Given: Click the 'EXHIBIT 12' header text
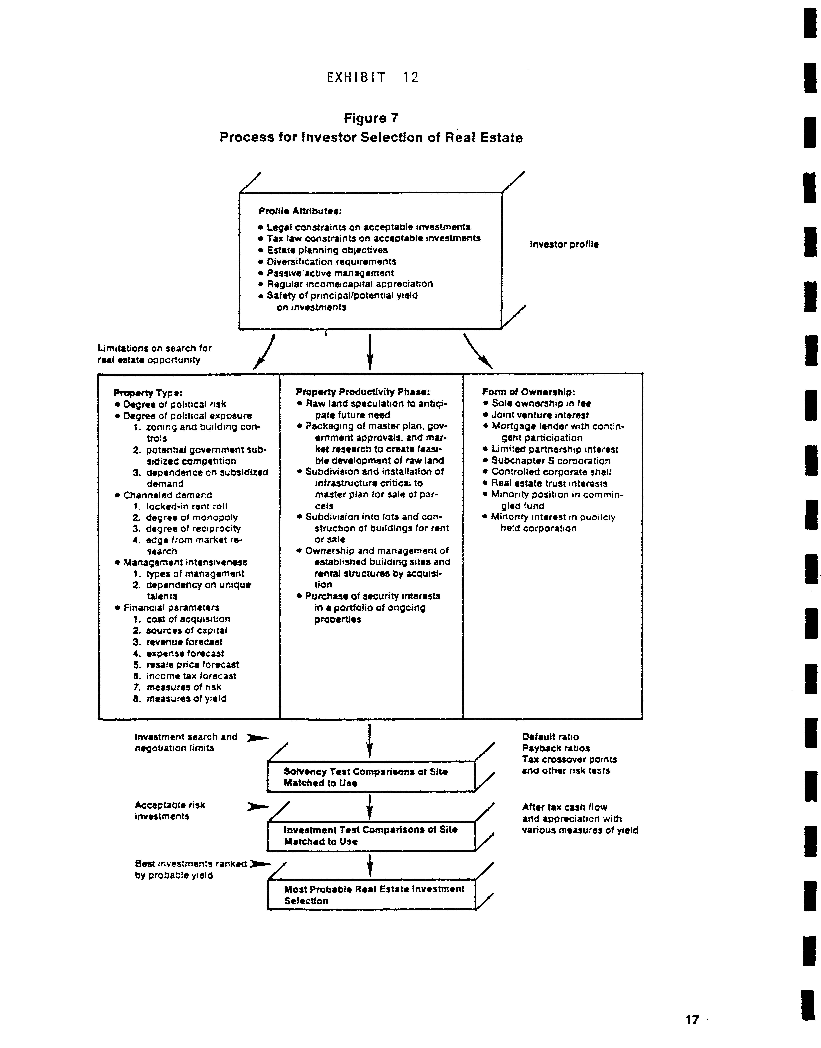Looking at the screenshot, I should (373, 77).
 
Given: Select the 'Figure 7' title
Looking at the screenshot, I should (371, 118).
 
